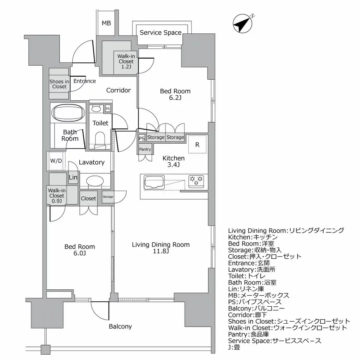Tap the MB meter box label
point(106,23)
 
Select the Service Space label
point(160,33)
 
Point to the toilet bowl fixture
point(100,137)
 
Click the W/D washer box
point(57,161)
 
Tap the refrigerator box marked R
point(197,144)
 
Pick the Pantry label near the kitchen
point(145,149)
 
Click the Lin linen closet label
point(73,178)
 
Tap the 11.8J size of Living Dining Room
point(161,252)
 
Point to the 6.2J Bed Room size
point(175,98)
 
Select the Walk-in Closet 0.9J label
point(57,196)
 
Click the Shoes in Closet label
point(59,84)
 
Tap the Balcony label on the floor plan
point(120,327)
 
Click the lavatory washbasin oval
point(95,182)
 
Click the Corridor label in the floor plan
point(118,90)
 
